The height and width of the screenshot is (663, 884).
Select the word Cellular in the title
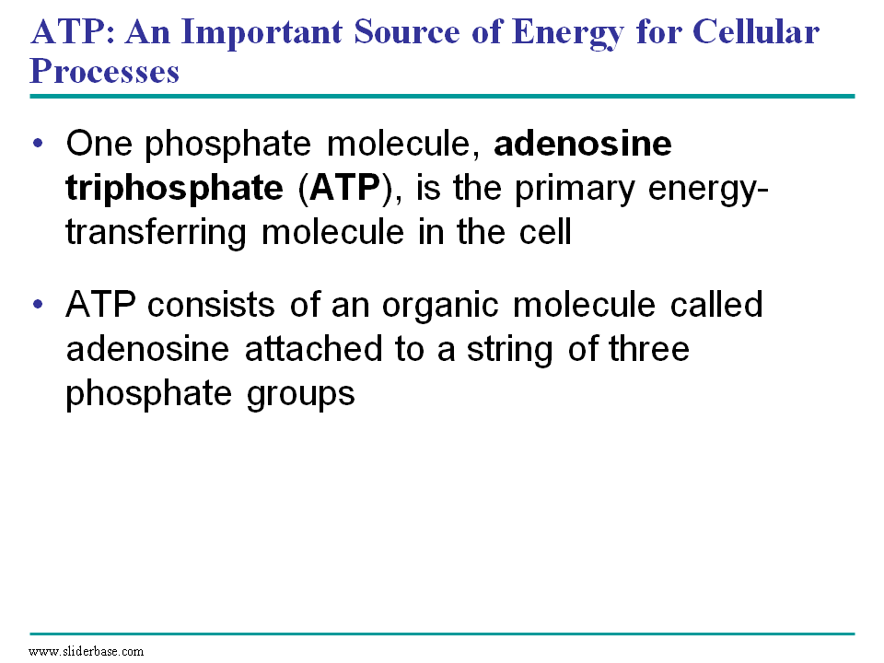click(x=755, y=31)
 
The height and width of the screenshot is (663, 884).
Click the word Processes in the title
click(x=104, y=71)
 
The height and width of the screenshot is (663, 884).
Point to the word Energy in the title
click(x=568, y=33)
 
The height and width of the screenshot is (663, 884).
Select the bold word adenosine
click(x=583, y=144)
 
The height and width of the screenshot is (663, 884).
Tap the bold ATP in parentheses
click(x=344, y=187)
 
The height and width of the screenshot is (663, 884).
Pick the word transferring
click(x=157, y=233)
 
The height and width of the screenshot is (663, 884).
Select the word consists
click(x=211, y=305)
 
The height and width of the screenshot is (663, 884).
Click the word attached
click(x=313, y=349)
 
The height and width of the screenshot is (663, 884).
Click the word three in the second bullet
click(x=649, y=349)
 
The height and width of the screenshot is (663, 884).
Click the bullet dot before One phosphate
click(x=38, y=144)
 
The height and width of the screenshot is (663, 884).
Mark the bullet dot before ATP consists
click(x=38, y=305)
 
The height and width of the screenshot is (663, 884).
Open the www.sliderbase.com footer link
click(x=86, y=651)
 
